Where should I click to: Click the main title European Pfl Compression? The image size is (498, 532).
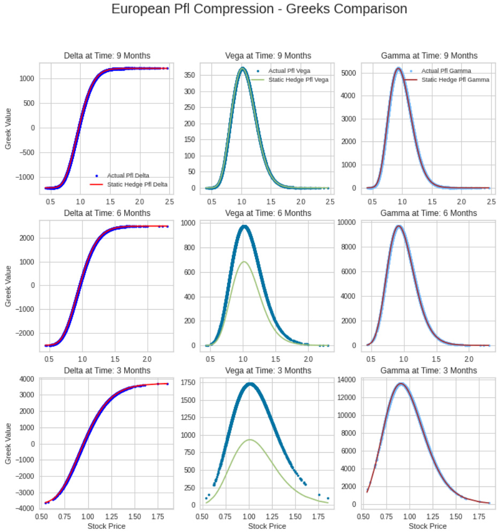pyautogui.click(x=259, y=9)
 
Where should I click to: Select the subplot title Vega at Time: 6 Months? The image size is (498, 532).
pyautogui.click(x=268, y=213)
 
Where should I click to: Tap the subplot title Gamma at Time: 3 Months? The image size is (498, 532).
pyautogui.click(x=429, y=371)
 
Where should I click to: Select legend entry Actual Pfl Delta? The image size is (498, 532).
pyautogui.click(x=128, y=175)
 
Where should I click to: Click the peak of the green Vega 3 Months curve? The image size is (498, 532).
pyautogui.click(x=250, y=439)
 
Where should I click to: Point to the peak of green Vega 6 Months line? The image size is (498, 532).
pyautogui.click(x=244, y=261)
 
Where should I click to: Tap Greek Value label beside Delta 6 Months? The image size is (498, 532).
pyautogui.click(x=8, y=292)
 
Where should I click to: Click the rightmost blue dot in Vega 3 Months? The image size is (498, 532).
pyautogui.click(x=328, y=498)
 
